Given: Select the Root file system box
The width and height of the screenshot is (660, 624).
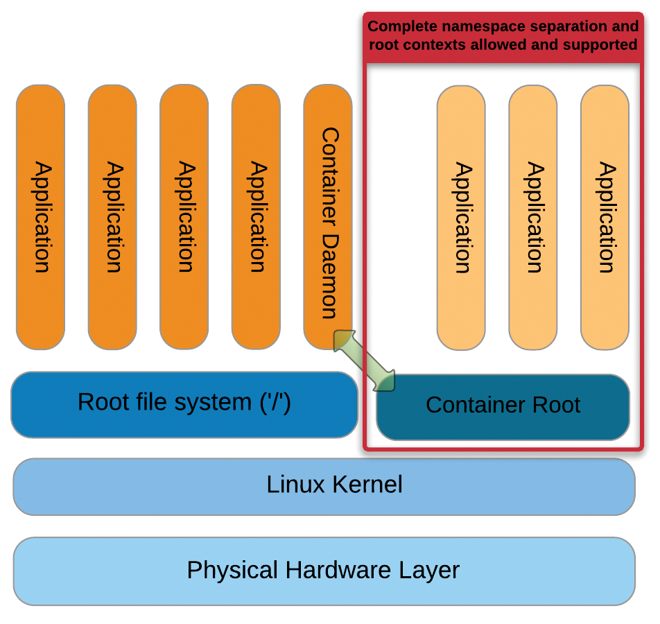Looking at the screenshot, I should pyautogui.click(x=184, y=404).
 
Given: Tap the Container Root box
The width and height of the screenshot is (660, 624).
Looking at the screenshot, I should pyautogui.click(x=503, y=407).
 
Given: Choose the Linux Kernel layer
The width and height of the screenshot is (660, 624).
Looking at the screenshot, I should pyautogui.click(x=324, y=486).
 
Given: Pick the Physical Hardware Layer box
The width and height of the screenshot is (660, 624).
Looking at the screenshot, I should pyautogui.click(x=324, y=571).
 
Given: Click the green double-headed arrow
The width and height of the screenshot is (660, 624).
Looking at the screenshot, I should pyautogui.click(x=365, y=361).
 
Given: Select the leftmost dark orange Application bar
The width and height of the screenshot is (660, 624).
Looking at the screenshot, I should pyautogui.click(x=40, y=216).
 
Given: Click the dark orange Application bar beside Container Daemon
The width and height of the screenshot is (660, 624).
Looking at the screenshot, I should pyautogui.click(x=256, y=216).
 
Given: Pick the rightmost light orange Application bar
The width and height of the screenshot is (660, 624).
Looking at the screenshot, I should pyautogui.click(x=605, y=217).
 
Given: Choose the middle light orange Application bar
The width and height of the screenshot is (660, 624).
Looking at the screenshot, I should pyautogui.click(x=532, y=217).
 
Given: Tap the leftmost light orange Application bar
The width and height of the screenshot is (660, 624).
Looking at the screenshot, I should pyautogui.click(x=461, y=217).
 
